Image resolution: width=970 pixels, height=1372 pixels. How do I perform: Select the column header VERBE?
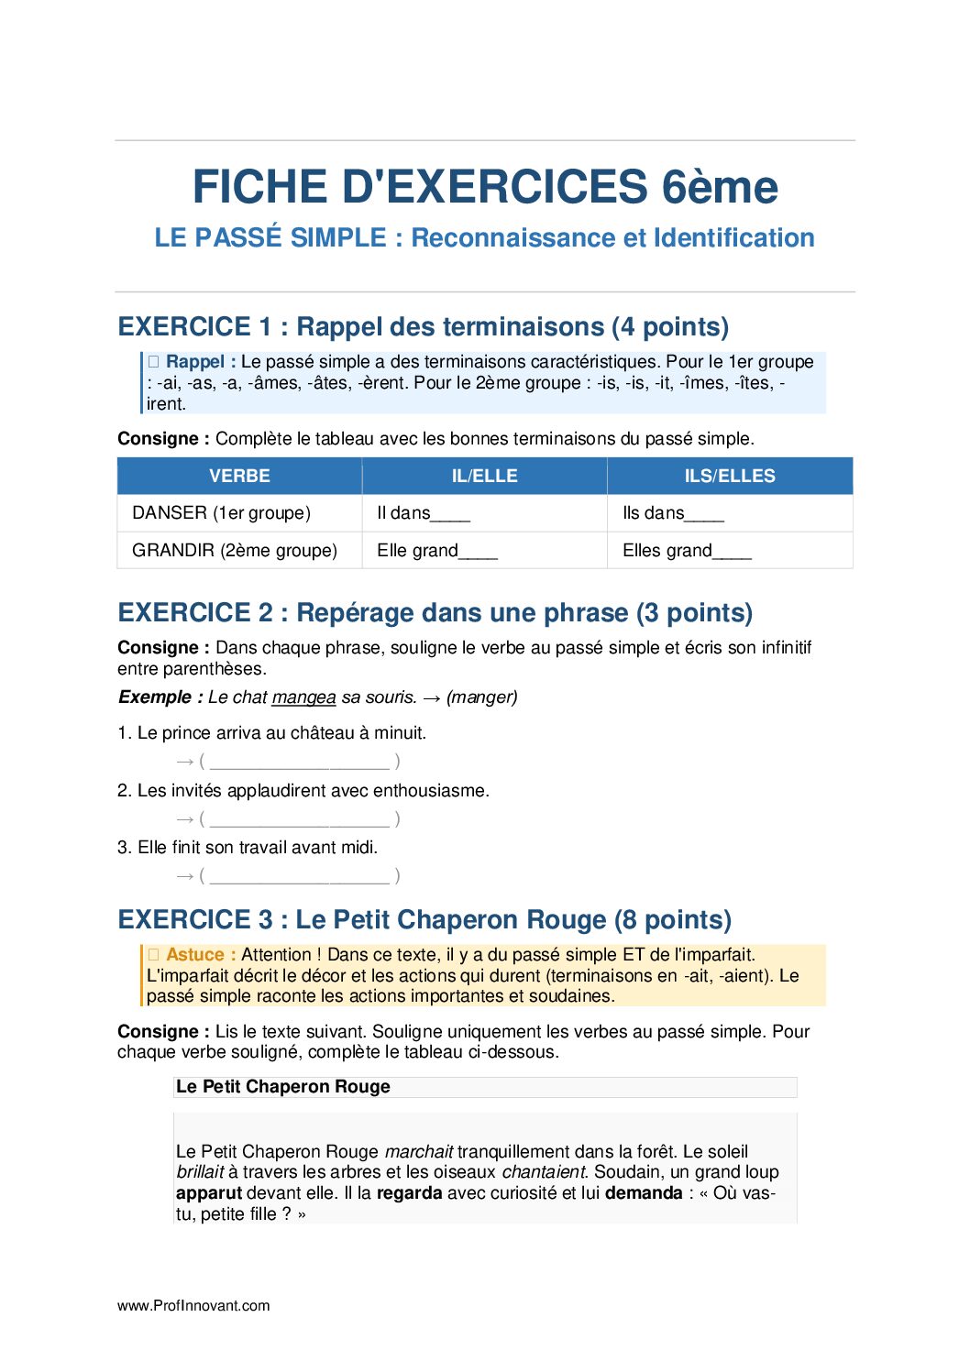click(x=239, y=476)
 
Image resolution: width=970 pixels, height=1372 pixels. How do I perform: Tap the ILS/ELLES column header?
click(x=730, y=476)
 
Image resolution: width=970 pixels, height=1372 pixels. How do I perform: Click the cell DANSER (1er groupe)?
click(x=221, y=512)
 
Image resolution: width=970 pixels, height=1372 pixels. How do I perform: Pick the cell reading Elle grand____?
click(x=436, y=550)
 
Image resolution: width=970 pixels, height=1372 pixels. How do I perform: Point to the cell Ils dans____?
click(x=673, y=512)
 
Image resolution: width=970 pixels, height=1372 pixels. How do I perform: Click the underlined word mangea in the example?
click(x=303, y=697)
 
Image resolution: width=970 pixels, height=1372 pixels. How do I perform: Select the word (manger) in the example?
click(x=482, y=697)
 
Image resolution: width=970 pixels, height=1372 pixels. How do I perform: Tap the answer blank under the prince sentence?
click(x=299, y=762)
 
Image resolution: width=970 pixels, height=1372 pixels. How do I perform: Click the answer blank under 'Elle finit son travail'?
click(x=299, y=876)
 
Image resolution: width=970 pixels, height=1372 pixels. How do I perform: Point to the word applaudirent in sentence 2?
click(x=277, y=790)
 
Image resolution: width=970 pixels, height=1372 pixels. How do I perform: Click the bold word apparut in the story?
click(x=209, y=1192)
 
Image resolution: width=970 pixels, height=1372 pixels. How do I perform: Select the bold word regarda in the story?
click(x=409, y=1192)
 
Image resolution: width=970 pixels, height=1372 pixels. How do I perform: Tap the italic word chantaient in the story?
click(x=544, y=1171)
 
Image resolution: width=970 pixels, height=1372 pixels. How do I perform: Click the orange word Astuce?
click(x=195, y=954)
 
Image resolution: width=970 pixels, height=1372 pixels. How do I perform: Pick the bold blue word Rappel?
click(x=195, y=361)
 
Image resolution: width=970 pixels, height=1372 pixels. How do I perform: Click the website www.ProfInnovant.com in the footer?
click(x=193, y=1305)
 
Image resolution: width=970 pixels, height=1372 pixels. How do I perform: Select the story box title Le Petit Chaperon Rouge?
click(x=282, y=1086)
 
